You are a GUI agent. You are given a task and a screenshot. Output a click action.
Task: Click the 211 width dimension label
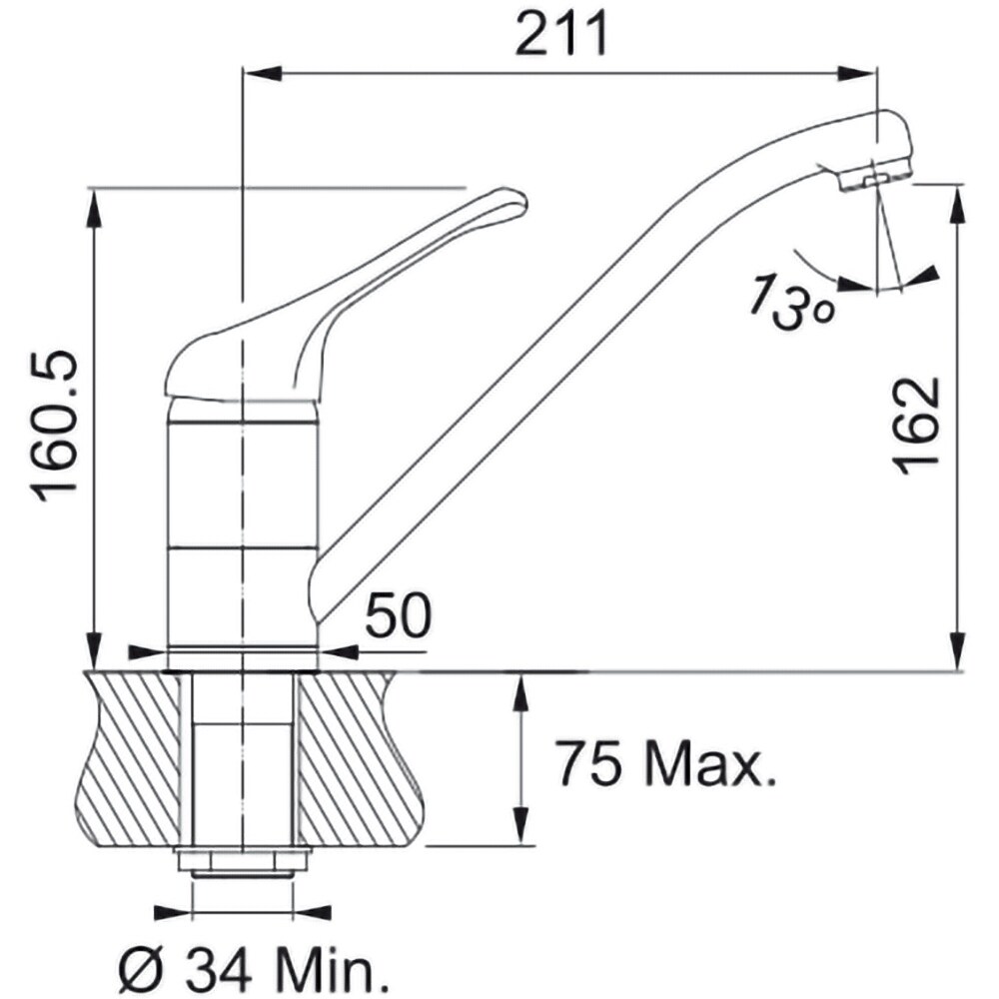561,34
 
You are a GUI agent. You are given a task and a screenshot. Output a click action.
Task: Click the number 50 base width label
399,614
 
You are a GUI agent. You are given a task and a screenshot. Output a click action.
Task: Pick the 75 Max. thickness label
666,762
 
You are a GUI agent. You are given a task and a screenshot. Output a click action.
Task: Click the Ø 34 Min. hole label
254,970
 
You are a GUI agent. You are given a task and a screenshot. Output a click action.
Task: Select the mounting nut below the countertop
242,864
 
